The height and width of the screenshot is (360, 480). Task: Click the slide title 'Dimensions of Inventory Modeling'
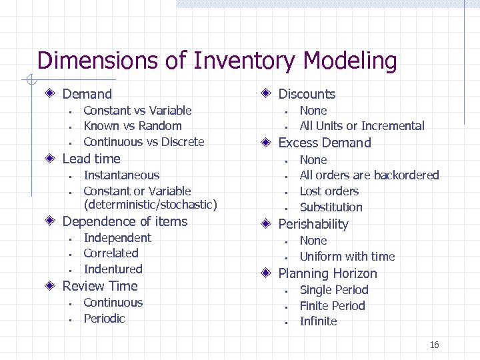pos(217,61)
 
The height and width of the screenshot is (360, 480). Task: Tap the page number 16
pos(434,345)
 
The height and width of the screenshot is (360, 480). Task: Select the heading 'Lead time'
pos(91,159)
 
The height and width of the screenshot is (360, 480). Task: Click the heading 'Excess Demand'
pos(324,143)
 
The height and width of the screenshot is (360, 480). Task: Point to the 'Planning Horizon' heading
pos(327,273)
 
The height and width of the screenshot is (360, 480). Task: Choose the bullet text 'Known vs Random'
pos(132,126)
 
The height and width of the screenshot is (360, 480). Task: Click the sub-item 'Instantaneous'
pos(121,175)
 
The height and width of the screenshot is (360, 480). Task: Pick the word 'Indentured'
pos(113,269)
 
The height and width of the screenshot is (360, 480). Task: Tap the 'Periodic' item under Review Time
pos(104,319)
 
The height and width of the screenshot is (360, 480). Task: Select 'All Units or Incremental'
pos(361,126)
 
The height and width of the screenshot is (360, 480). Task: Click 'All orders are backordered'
pos(369,175)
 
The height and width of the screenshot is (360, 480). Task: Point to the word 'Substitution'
pos(331,207)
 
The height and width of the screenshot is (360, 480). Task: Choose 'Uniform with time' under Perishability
pos(347,257)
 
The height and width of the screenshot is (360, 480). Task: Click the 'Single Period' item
pos(333,290)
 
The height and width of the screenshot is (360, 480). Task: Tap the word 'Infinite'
pos(318,321)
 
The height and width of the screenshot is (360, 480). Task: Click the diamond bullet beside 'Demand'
pos(51,94)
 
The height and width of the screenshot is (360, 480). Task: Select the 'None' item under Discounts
pos(313,111)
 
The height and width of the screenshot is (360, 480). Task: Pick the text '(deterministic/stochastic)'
pos(150,205)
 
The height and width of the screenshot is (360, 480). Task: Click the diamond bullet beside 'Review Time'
pos(51,286)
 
